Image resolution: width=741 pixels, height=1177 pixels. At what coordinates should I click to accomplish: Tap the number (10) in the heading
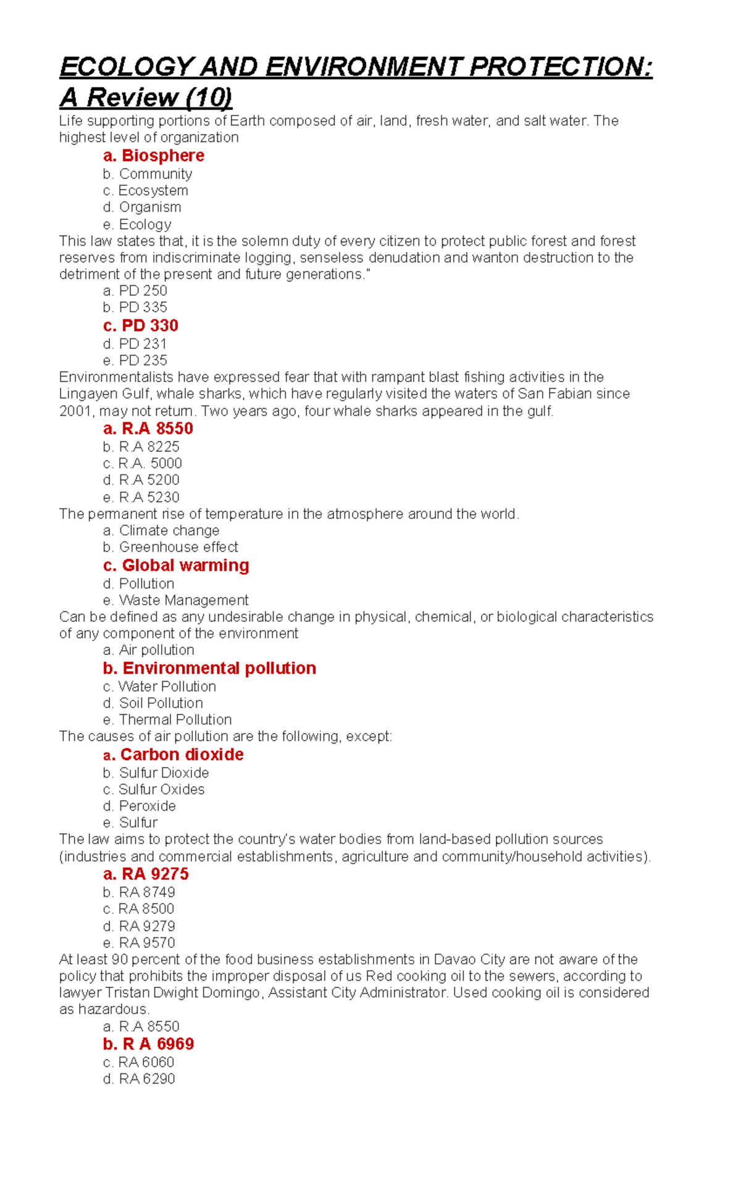click(209, 98)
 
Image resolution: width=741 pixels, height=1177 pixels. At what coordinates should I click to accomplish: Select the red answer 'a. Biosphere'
click(153, 156)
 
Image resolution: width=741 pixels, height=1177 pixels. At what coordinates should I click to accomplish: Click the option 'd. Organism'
click(142, 207)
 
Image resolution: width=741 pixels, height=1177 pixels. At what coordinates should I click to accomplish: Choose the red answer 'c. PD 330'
click(141, 325)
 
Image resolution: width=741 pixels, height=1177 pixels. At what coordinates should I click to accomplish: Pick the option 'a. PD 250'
click(135, 291)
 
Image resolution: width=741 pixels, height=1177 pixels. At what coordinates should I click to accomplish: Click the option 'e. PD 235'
click(135, 361)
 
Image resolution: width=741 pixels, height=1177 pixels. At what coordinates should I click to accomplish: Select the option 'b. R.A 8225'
click(141, 447)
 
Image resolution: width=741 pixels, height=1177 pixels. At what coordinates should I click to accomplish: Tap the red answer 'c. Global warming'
click(176, 566)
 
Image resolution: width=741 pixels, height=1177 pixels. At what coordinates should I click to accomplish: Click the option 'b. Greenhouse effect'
click(170, 547)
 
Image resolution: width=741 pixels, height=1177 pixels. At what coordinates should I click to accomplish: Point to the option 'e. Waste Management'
click(176, 600)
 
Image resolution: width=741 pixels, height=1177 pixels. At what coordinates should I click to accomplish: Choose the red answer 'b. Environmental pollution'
click(209, 668)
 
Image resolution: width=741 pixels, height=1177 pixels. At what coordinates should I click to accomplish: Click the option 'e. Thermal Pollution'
click(167, 720)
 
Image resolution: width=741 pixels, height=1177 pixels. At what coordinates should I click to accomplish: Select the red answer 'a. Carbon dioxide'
click(174, 755)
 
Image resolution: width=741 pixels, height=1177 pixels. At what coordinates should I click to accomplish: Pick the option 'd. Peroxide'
click(140, 806)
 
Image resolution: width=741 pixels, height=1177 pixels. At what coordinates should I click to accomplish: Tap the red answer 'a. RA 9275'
click(146, 874)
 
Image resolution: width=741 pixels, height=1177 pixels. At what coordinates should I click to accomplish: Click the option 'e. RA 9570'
click(139, 943)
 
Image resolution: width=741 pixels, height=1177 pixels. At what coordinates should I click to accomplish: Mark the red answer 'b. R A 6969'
click(148, 1044)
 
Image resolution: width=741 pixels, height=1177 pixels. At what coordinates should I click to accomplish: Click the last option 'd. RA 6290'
click(139, 1079)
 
